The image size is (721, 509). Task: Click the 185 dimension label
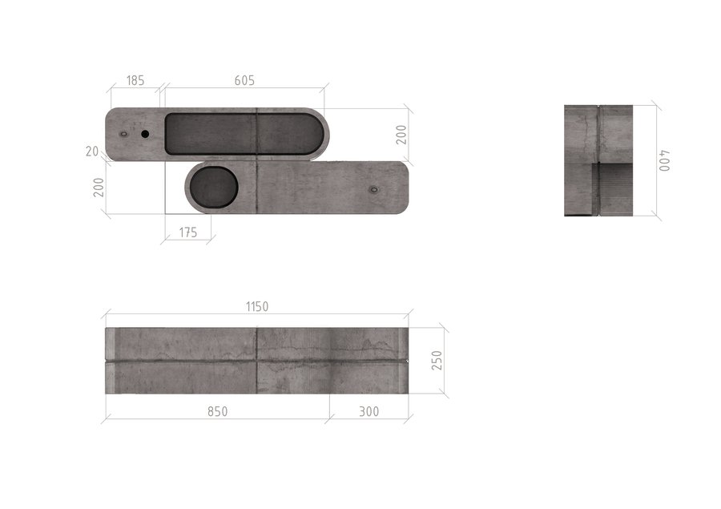135,80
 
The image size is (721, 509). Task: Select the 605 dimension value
244,80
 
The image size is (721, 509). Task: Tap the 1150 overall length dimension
257,306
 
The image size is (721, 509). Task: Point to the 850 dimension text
217,411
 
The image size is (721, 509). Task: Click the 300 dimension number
369,411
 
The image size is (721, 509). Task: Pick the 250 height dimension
437,361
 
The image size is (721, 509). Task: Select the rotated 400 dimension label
664,160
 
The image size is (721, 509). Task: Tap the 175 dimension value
188,232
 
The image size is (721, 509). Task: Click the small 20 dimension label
92,151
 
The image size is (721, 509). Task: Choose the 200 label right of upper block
401,135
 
